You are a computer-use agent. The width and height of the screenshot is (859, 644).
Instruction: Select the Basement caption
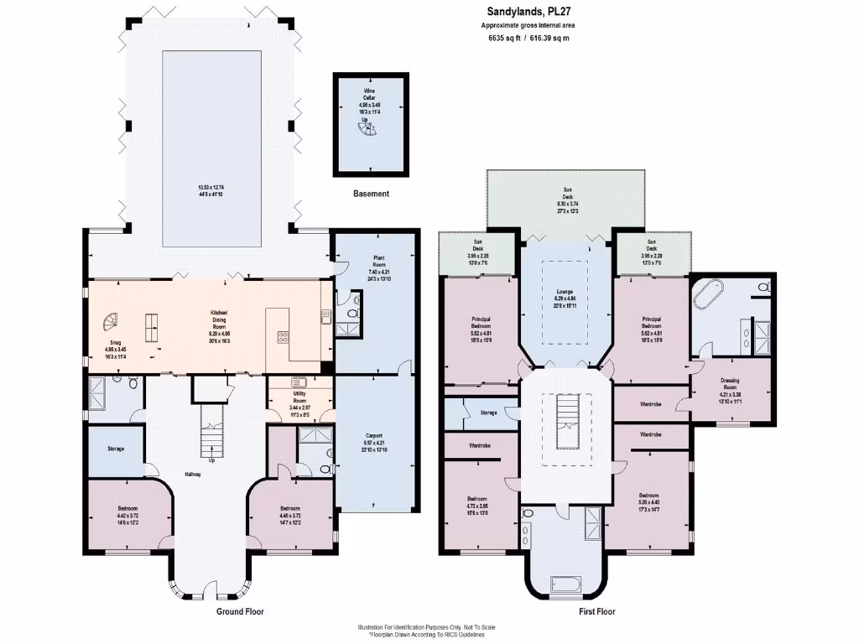[x=371, y=194]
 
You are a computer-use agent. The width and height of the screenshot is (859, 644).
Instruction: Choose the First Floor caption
[x=597, y=611]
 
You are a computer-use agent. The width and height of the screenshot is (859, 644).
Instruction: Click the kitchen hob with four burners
[x=282, y=338]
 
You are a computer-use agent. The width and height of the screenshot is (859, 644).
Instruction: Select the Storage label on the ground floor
[x=116, y=449]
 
